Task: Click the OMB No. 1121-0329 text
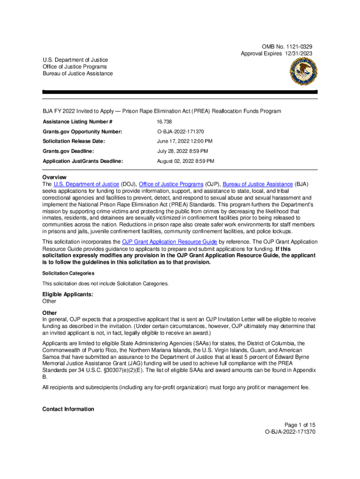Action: tap(287, 47)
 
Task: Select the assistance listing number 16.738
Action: tap(165, 122)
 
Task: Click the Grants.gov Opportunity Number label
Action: tap(82, 132)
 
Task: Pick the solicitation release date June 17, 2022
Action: tap(185, 141)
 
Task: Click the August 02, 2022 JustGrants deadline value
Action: tap(186, 161)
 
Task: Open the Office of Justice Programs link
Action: tap(171, 184)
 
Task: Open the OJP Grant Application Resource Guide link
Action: tap(169, 242)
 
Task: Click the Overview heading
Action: tap(55, 178)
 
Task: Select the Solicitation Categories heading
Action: tap(68, 273)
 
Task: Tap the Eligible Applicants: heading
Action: tap(68, 294)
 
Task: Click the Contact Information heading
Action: tap(68, 409)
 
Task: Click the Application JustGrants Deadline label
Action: tap(83, 161)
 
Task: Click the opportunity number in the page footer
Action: tap(290, 432)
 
